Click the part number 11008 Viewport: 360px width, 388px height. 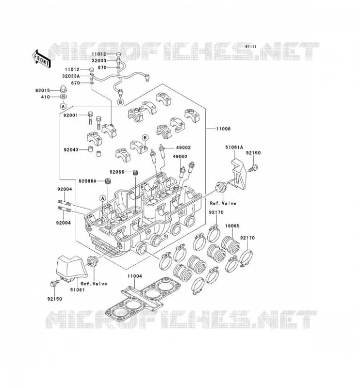pos(223,129)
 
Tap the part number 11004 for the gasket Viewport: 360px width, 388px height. pos(135,276)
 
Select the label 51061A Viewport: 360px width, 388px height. pos(234,147)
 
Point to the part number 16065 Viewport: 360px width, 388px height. pos(232,226)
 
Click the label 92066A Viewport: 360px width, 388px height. pos(87,181)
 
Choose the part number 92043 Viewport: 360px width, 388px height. pos(71,150)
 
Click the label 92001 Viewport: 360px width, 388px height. pos(70,115)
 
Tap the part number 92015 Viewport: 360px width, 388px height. pos(43,91)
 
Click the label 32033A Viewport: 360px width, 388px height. pos(71,76)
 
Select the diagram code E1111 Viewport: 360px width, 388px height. pos(251,47)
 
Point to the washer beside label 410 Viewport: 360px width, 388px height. pos(64,96)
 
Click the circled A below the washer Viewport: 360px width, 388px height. pos(64,106)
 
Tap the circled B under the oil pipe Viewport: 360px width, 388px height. pos(120,102)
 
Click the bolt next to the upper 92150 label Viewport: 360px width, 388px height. pos(254,168)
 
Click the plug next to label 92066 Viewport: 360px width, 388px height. pos(135,172)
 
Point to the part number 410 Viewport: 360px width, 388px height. pos(46,97)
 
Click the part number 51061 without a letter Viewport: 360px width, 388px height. pos(77,290)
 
